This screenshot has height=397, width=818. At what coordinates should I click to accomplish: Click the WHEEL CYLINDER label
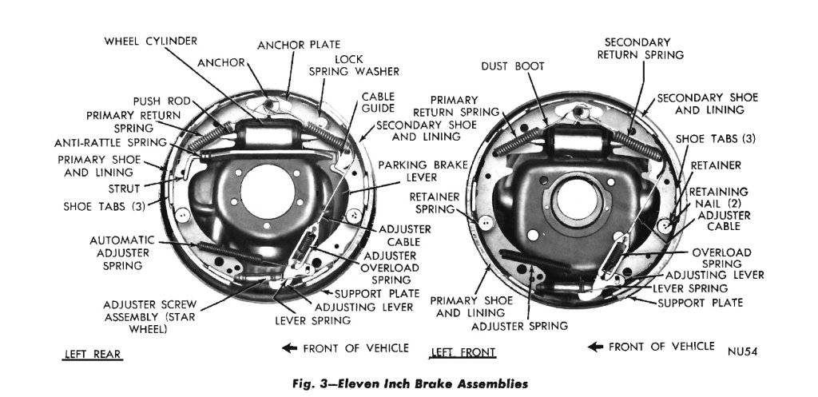[x=150, y=41]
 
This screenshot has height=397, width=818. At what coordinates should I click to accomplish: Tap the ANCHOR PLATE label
[x=299, y=45]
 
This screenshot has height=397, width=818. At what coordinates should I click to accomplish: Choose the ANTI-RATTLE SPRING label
[x=110, y=143]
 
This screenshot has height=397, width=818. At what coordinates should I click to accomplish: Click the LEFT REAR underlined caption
[x=93, y=354]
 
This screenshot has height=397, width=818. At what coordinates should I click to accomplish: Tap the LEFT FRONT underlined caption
[x=463, y=352]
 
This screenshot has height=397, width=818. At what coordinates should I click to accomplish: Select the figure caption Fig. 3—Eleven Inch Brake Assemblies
[x=408, y=383]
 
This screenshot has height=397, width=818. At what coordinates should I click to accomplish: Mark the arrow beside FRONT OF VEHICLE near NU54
[x=597, y=346]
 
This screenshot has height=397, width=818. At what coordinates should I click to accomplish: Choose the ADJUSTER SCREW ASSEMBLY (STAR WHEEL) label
[x=150, y=316]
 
